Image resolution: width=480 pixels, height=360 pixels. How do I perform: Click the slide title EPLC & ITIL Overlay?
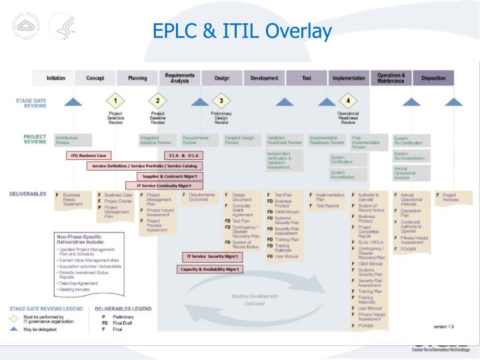(x=241, y=31)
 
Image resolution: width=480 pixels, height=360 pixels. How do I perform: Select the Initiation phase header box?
(x=56, y=78)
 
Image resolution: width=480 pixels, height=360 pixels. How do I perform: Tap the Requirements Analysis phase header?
(x=179, y=78)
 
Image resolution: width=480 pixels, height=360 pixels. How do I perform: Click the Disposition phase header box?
(x=433, y=78)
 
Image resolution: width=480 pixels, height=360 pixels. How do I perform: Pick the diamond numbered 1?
(x=115, y=101)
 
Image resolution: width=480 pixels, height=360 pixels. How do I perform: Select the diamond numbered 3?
(x=221, y=101)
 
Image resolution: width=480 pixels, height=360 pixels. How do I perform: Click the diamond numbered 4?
(x=348, y=101)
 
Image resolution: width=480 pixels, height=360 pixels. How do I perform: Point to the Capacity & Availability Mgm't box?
(x=210, y=269)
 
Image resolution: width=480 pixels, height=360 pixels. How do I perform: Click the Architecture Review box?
(x=67, y=140)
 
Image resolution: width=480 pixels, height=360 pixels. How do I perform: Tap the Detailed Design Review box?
(x=239, y=140)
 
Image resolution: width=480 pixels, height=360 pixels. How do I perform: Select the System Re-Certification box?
(x=411, y=141)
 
